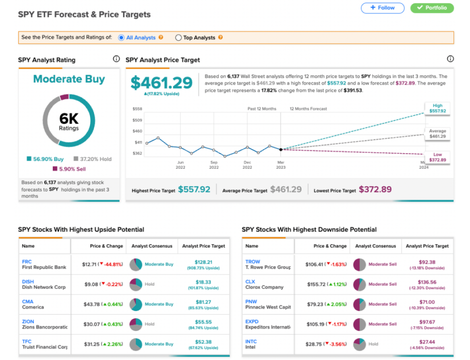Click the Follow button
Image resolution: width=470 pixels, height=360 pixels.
[x=382, y=8]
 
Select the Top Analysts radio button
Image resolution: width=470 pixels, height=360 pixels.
[x=179, y=38]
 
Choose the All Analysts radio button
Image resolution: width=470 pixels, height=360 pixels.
[x=121, y=38]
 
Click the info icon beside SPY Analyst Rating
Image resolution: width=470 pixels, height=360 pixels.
[x=116, y=59]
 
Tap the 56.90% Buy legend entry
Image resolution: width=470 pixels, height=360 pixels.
[x=45, y=159]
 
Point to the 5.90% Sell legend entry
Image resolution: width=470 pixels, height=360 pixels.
[x=69, y=169]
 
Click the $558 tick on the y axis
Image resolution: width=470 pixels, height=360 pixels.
[x=137, y=109]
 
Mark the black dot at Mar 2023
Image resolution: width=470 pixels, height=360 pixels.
[x=281, y=150]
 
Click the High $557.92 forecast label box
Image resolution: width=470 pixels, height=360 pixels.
[x=437, y=108]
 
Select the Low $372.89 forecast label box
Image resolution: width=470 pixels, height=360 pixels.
[x=437, y=157]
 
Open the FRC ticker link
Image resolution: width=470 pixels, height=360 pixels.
[x=27, y=262]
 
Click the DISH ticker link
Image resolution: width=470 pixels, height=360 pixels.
[x=28, y=282]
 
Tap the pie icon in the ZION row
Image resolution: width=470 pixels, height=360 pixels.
[x=136, y=324]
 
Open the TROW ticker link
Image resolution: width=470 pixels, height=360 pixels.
[x=253, y=262]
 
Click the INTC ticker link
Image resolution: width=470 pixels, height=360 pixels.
[x=251, y=342]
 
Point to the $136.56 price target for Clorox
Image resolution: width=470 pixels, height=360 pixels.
[x=427, y=282]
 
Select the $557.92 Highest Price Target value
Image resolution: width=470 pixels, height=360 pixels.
[x=194, y=189]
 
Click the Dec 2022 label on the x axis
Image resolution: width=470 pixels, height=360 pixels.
[x=247, y=165]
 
